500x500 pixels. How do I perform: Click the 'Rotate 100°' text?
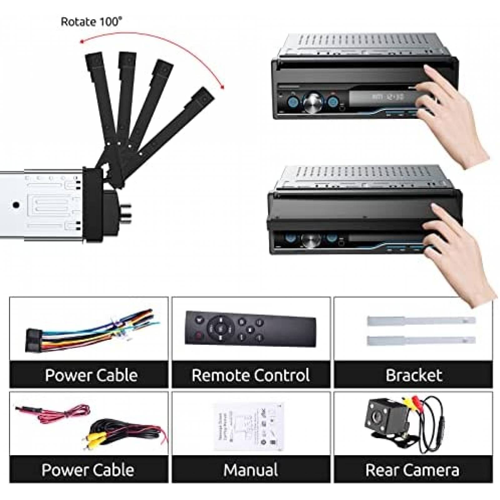(x=91, y=22)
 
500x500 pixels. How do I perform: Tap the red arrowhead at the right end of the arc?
(x=222, y=87)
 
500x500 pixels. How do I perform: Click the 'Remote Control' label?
(x=251, y=375)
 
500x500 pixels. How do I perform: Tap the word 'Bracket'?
(x=413, y=375)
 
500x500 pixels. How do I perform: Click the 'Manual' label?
(x=251, y=470)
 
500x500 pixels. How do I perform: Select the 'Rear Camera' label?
(x=412, y=470)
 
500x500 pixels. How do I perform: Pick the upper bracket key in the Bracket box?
(x=421, y=321)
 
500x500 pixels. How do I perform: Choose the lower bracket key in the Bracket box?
(x=421, y=340)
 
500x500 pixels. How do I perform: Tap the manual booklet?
(x=250, y=427)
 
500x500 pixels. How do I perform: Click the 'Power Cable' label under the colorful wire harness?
(x=91, y=375)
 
